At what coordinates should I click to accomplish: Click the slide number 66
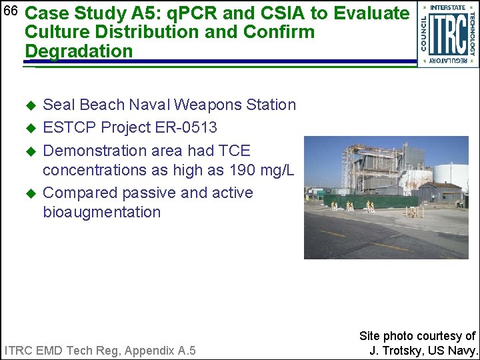click(x=10, y=11)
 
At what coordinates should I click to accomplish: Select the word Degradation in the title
click(x=79, y=51)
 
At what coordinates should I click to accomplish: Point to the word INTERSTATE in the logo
click(x=448, y=7)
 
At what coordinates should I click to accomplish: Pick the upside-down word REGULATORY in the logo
click(x=448, y=61)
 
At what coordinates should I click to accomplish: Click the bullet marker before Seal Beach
click(x=29, y=105)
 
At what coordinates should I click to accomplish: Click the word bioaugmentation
click(x=101, y=212)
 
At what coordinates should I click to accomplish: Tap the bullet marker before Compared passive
click(x=29, y=193)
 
